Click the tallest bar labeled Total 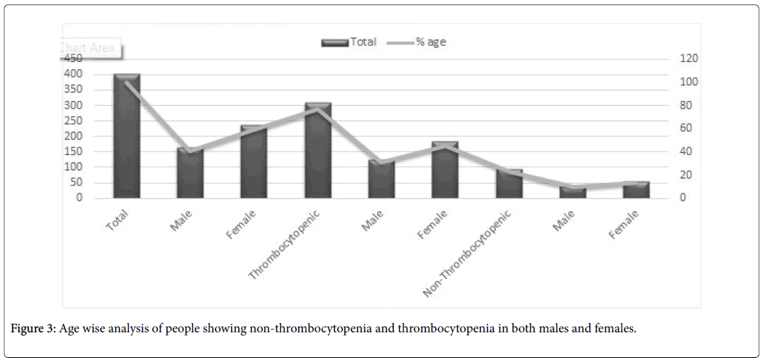[x=127, y=135]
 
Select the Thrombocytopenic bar [x=318, y=150]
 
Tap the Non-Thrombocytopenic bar [x=509, y=184]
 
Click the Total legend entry [x=349, y=42]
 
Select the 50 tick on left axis [x=76, y=182]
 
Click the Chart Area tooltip [x=91, y=49]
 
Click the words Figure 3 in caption [x=31, y=329]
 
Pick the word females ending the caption [x=615, y=329]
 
